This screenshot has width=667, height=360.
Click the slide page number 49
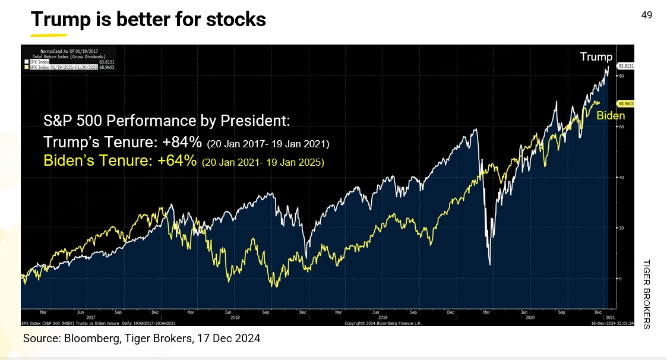coord(647,15)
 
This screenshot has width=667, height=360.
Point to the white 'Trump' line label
coord(596,57)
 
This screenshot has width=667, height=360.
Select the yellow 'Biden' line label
coord(611,116)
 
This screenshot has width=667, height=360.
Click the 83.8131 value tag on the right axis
coord(625,66)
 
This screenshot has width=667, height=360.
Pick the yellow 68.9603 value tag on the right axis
coord(625,103)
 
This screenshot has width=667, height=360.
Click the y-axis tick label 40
coord(621,177)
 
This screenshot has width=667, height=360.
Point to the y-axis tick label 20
coord(621,228)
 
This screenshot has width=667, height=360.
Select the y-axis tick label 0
coord(620,278)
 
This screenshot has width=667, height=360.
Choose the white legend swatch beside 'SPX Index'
coord(26,61)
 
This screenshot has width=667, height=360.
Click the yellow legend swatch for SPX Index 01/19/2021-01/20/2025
coord(26,67)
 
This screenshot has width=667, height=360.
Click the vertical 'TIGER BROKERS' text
coord(647,294)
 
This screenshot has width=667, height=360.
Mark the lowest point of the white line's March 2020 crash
coord(489,264)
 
